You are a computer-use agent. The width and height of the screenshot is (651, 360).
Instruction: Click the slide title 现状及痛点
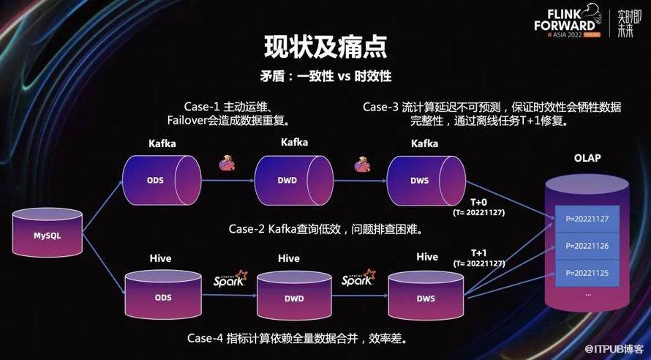[x=325, y=47]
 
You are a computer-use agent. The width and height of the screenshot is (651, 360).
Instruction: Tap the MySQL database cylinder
[x=47, y=234]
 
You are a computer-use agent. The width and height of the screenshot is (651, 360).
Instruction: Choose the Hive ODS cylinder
[x=162, y=297]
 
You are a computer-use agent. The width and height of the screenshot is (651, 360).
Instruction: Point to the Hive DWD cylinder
[x=293, y=297]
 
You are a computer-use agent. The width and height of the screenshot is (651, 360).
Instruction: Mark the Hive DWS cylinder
[x=425, y=297]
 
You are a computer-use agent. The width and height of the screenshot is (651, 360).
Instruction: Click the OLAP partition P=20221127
[x=587, y=218]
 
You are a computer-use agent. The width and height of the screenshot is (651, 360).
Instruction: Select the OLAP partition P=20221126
[x=587, y=246]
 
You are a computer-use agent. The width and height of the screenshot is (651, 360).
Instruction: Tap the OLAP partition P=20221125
[x=587, y=273]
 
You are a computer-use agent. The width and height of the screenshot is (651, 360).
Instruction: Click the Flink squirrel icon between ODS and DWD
[x=227, y=162]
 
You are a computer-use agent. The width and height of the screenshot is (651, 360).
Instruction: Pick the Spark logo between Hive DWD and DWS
[x=358, y=279]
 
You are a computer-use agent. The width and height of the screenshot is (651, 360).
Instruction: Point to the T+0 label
[x=478, y=201]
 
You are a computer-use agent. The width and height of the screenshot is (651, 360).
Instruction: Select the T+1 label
[x=478, y=252]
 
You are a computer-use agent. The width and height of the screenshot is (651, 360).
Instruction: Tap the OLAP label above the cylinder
[x=587, y=158]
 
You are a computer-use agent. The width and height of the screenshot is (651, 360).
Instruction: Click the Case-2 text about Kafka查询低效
[x=326, y=229]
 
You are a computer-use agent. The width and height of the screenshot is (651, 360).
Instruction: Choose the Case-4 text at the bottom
[x=297, y=338]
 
